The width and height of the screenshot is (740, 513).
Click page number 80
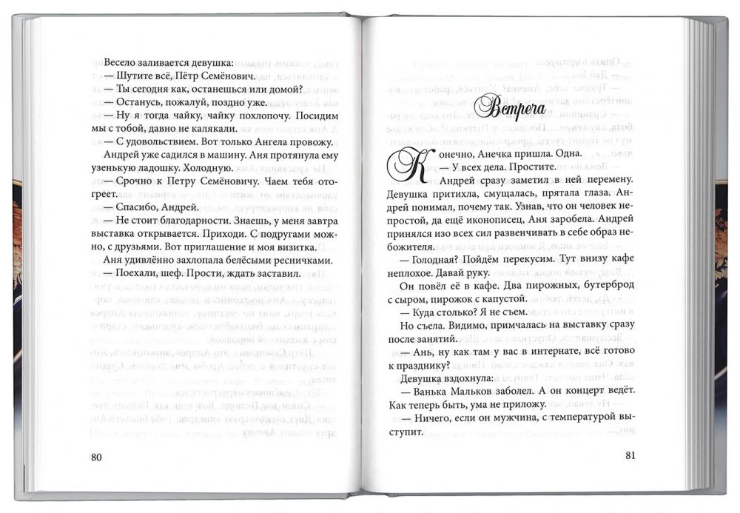pos(96,456)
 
